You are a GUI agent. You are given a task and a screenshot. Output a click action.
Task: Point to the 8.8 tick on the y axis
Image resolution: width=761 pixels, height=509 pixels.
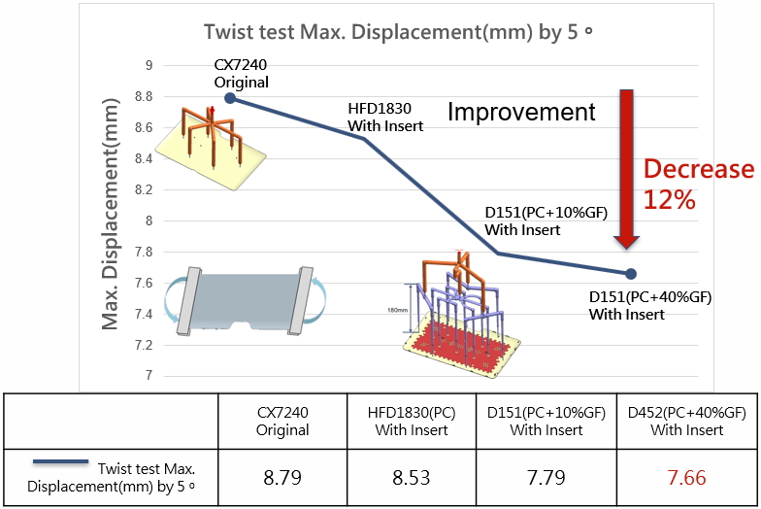[x=143, y=97]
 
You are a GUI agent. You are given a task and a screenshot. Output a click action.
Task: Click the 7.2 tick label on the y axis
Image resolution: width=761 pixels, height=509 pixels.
[x=143, y=345]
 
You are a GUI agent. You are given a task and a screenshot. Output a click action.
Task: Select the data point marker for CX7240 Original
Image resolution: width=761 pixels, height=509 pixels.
[x=230, y=97]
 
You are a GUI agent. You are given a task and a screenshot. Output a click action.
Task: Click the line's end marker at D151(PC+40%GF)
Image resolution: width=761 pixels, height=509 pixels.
[x=630, y=273]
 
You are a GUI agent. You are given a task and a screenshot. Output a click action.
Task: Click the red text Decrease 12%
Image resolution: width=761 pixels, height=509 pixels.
[x=698, y=185]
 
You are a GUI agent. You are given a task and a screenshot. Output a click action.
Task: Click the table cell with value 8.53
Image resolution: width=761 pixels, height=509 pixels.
[x=412, y=477]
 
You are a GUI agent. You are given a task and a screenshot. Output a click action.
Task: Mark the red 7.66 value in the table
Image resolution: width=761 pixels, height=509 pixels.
[x=686, y=477]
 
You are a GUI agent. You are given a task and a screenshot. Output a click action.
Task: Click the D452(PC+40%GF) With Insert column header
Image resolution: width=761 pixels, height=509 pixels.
[x=686, y=421]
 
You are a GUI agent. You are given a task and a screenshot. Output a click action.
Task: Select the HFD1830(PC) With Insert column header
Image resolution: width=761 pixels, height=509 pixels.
[x=412, y=421]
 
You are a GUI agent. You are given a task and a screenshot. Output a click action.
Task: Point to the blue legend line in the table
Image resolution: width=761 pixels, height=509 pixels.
[x=60, y=463]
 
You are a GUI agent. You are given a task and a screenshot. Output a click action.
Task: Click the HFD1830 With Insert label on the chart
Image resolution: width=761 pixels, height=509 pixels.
[x=385, y=118]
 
